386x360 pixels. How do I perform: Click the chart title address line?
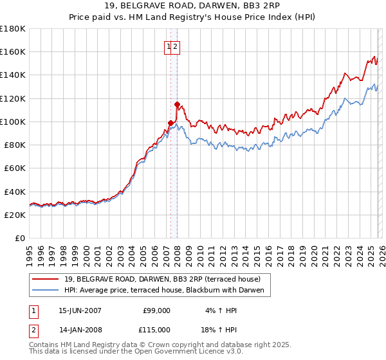point(193,7)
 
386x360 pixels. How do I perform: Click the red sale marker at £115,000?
point(177,104)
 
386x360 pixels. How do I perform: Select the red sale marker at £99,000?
point(170,123)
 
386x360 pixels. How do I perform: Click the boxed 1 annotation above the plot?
point(169,46)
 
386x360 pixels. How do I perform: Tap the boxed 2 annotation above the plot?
point(175,46)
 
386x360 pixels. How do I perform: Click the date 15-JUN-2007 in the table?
point(80,310)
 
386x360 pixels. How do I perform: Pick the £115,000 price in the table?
point(156,330)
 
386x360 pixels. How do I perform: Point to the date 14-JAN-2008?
point(80,330)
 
